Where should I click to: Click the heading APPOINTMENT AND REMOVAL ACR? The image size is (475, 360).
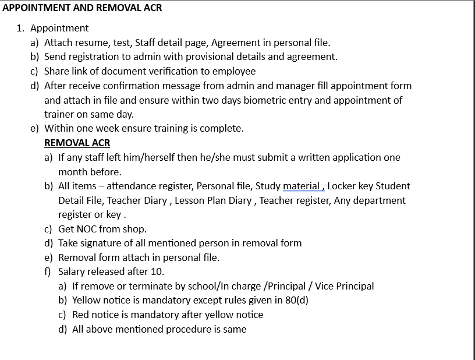coord(82,8)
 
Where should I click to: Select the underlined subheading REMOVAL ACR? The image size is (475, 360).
coord(77,143)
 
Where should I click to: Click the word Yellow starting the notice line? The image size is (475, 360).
coord(86,300)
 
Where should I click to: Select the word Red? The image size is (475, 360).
coord(81,315)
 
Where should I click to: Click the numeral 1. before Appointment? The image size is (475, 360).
coord(21,28)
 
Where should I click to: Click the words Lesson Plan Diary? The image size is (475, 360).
coord(214,200)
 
